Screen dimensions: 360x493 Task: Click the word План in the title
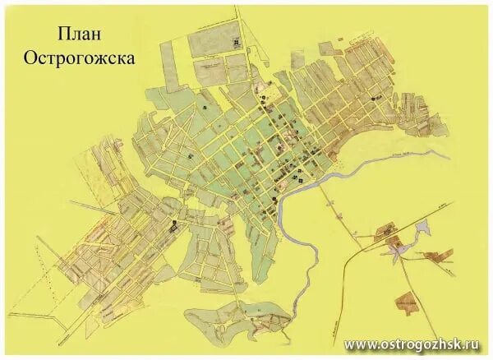pyautogui.click(x=80, y=34)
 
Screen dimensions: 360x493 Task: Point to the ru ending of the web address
pyautogui.click(x=479, y=344)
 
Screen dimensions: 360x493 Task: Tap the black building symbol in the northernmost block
pyautogui.click(x=237, y=41)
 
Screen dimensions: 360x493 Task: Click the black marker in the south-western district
pyautogui.click(x=174, y=223)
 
